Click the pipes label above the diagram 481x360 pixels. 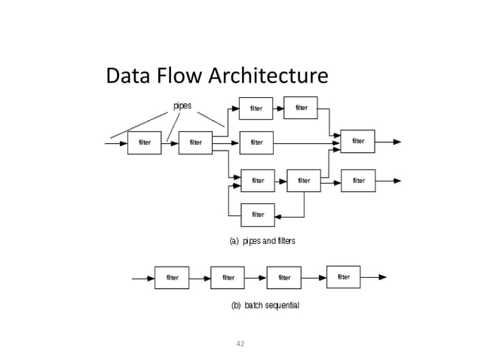coord(182,105)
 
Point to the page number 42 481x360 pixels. coord(240,343)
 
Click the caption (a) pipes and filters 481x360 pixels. coord(262,241)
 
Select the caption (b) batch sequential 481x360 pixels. coord(265,306)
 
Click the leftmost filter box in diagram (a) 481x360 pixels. coord(144,142)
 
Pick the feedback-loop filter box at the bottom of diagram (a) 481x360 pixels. coord(258,215)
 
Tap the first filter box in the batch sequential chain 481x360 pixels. coord(172,278)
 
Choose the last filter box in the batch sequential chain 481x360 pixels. coord(343,276)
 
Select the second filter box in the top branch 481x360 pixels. coord(301,108)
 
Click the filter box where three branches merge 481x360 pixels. coord(357,141)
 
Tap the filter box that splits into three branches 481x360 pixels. coord(195,142)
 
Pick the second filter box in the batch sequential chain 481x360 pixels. coord(228,278)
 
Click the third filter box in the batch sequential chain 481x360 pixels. coord(284,278)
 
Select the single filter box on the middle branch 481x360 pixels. coord(256,142)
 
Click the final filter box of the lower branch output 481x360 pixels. coord(358,181)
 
